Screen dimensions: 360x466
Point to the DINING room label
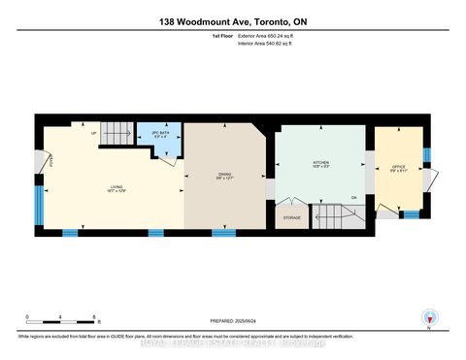(x=225, y=176)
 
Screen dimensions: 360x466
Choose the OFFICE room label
(x=397, y=167)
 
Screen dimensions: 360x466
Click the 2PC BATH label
(x=158, y=134)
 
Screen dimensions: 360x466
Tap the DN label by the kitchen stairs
(x=354, y=197)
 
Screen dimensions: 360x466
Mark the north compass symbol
(x=428, y=319)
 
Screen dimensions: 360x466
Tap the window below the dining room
(x=224, y=233)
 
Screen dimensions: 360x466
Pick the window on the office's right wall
(x=425, y=158)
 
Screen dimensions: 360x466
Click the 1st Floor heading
(x=225, y=35)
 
